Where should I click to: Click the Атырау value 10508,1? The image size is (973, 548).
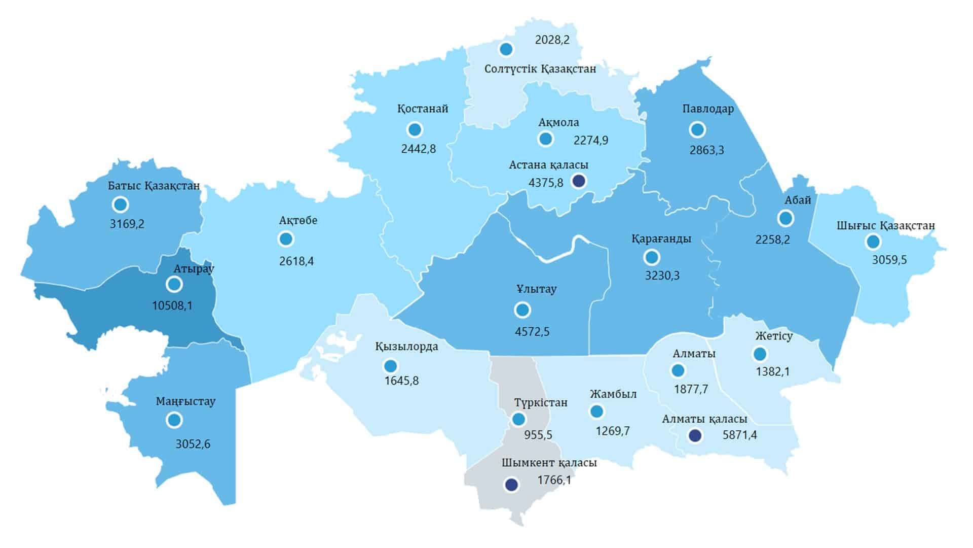172,306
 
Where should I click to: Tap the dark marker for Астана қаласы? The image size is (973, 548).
578,181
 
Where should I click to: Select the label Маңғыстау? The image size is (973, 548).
185,401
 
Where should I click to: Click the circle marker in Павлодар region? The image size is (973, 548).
698,129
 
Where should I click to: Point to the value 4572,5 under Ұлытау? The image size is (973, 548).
532,332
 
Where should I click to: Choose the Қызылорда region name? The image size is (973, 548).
406,347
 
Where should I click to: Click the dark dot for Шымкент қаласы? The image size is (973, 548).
512,485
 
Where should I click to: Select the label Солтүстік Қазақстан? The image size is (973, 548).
540,69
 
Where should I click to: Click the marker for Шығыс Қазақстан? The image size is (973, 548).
873,242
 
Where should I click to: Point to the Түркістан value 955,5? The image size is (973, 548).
538,435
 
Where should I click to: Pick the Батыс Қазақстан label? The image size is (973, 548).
154,186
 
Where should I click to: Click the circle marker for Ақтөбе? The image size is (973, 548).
286,238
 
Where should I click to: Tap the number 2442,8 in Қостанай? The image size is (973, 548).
418,149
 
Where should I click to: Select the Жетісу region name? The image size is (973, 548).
773,336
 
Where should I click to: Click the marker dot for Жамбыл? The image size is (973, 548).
597,411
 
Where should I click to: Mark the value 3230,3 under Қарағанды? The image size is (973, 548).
662,276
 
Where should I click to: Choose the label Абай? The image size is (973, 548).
798,200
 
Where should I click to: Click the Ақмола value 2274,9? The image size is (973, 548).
591,141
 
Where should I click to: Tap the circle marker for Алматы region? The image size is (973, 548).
678,371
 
